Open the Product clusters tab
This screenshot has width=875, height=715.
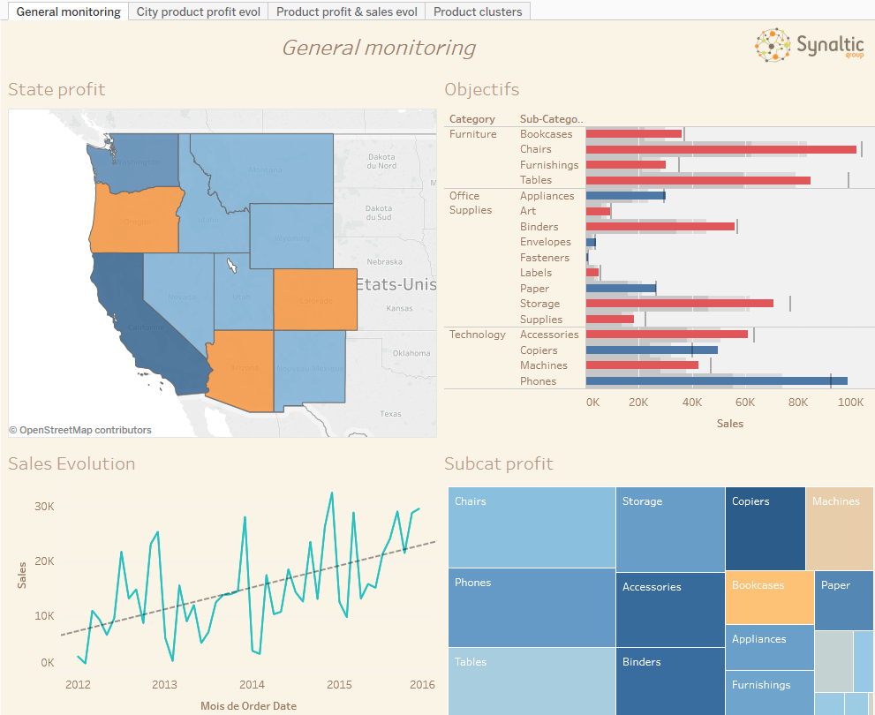(478, 11)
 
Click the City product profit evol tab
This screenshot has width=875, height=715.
(198, 11)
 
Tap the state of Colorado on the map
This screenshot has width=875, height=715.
(315, 299)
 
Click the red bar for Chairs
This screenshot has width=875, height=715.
(720, 149)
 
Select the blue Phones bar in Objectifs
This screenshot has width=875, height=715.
(715, 381)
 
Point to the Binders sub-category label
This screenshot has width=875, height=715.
(539, 227)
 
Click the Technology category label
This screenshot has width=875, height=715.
(477, 335)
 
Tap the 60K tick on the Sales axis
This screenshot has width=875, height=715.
(745, 403)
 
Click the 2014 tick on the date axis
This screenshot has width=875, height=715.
(252, 684)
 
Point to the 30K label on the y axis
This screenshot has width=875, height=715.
(44, 507)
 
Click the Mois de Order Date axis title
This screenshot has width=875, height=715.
(248, 705)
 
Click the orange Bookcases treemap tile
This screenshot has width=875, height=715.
(769, 598)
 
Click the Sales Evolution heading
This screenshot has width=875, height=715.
(72, 463)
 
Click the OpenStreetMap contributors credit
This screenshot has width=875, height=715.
(80, 430)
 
